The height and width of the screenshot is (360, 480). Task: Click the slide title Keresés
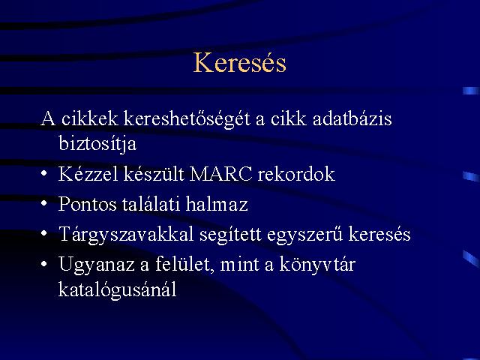coord(240,62)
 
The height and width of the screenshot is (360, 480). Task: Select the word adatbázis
coord(352,118)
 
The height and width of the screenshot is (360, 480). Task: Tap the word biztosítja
coord(97,143)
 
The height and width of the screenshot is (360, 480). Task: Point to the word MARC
coord(220,174)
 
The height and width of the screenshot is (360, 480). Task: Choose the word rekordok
coord(296,173)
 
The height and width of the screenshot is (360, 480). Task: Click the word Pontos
coord(88,204)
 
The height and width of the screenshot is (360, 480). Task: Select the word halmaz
coord(217,203)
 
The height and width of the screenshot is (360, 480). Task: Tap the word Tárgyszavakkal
coord(126,234)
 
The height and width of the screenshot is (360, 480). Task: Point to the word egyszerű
coord(304,235)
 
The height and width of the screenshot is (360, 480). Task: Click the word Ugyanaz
coord(97,265)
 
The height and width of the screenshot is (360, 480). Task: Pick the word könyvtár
coord(317,264)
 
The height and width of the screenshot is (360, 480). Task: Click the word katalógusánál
coord(118,289)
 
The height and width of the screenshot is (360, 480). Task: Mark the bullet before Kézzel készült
coord(43,174)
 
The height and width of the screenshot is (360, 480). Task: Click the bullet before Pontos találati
coord(43,203)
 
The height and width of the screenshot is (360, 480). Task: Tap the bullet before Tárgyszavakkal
coord(43,233)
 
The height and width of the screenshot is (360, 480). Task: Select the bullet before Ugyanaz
coord(43,263)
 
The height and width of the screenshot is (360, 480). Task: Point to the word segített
coord(230,235)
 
